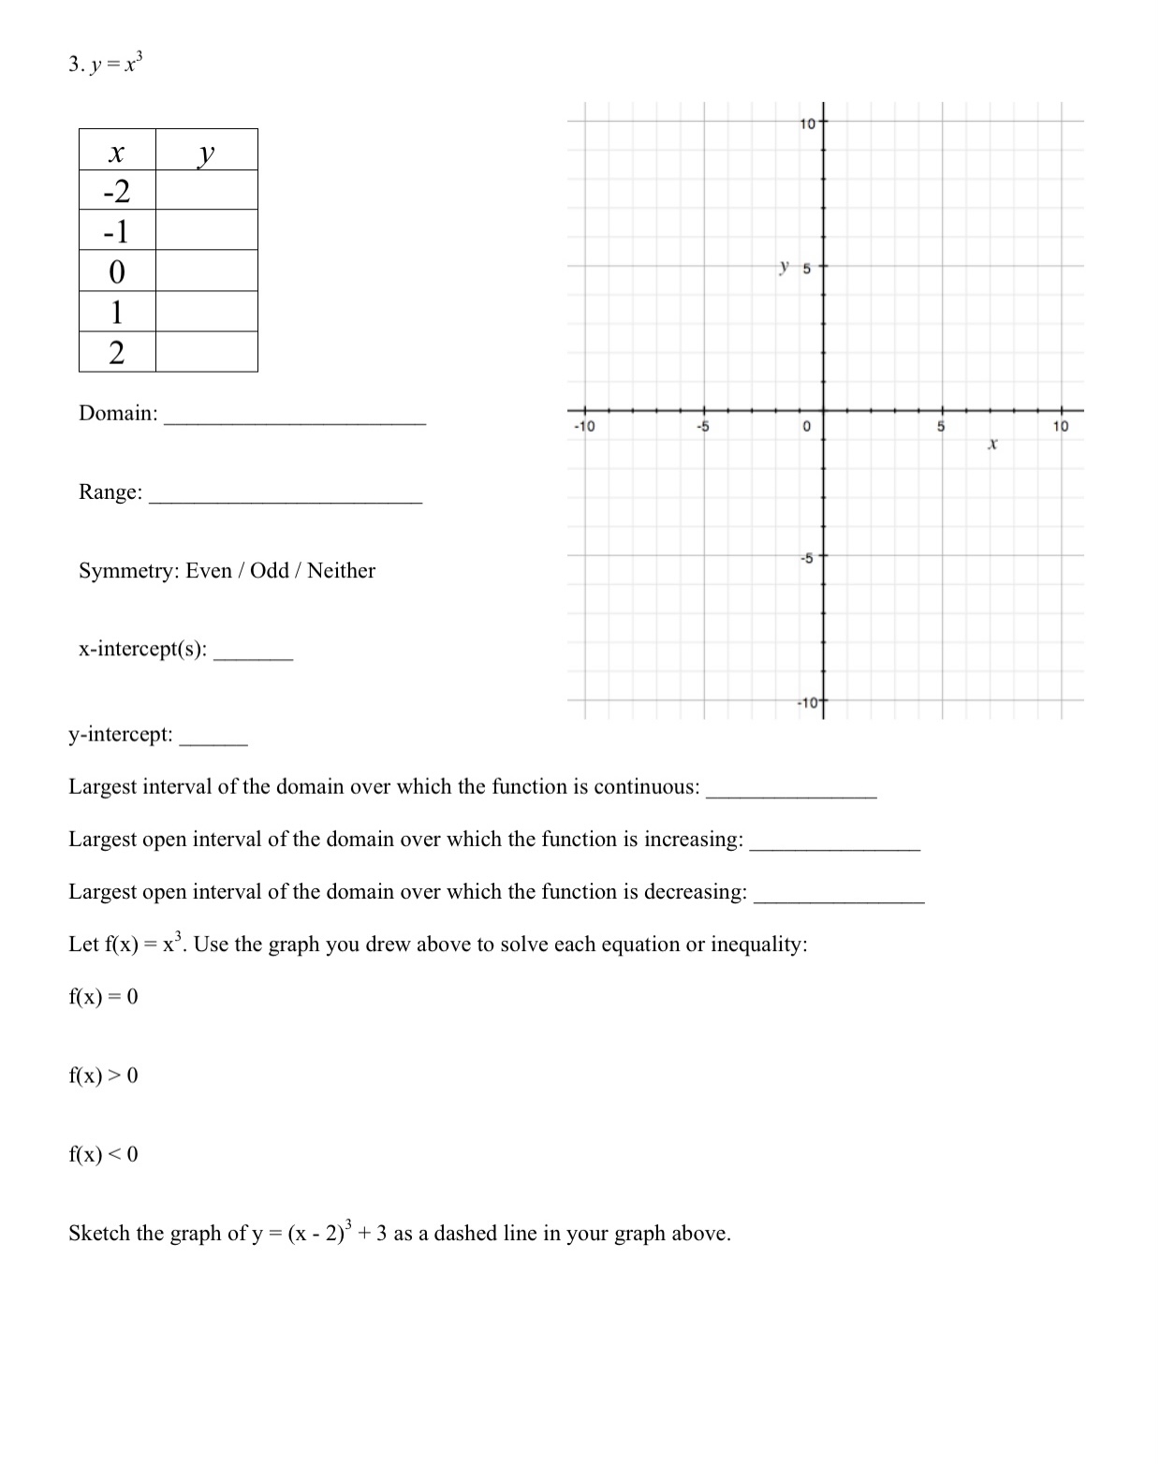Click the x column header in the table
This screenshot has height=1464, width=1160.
click(117, 151)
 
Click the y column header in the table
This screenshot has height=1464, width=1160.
click(207, 151)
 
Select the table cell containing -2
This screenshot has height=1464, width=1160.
click(117, 191)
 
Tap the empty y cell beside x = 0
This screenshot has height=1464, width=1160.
click(207, 271)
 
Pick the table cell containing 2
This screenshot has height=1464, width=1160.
click(117, 352)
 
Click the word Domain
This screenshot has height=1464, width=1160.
click(118, 413)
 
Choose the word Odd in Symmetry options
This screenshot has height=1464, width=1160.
click(270, 570)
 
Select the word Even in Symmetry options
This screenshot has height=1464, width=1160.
click(209, 570)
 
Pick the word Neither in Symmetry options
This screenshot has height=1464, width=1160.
click(341, 570)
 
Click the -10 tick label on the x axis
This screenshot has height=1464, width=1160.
click(583, 427)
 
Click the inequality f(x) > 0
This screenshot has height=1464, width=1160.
click(103, 1076)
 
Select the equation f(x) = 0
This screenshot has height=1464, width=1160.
click(103, 997)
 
